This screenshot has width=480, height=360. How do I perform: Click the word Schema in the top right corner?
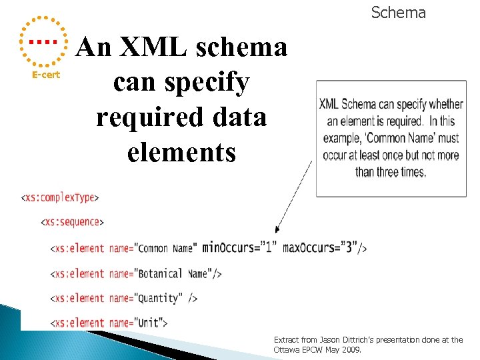coord(398,13)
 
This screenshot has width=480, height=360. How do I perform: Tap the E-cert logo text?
coord(46,75)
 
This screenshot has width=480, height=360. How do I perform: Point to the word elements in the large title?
coord(181,152)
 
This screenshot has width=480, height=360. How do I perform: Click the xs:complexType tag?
coord(60,197)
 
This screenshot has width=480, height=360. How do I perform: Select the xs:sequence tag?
coord(73,222)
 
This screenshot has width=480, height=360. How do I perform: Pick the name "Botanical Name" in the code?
coord(175,273)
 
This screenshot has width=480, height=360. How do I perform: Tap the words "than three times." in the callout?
coord(391,172)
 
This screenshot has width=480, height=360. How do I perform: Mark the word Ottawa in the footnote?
coord(287,349)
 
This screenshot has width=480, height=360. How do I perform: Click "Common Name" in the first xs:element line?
coord(166,249)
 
